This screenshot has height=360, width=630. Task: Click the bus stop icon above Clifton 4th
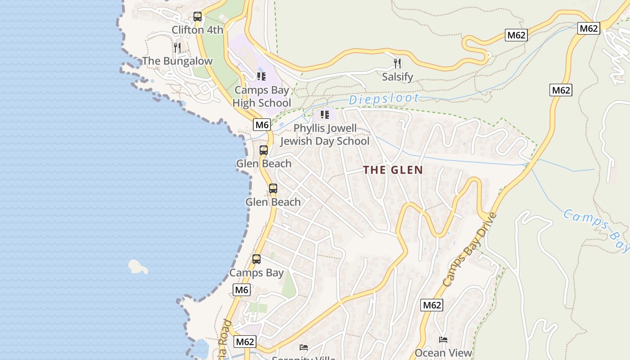pos(197,17)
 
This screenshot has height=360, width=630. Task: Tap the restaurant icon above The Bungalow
pos(177,47)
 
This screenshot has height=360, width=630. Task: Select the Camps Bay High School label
pos(261,96)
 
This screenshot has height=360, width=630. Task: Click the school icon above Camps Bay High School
pos(261,76)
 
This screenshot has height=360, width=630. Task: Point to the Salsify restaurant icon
pos(397,63)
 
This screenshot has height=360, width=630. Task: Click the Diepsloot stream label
pos(384,99)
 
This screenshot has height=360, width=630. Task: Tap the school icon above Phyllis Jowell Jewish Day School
pos(324,114)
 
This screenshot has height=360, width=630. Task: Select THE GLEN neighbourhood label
pos(393,170)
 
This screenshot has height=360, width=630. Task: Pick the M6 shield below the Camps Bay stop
pos(241,290)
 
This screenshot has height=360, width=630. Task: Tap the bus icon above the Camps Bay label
pos(256,259)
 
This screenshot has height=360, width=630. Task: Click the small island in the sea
pos(138,266)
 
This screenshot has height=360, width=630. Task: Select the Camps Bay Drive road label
pos(469,250)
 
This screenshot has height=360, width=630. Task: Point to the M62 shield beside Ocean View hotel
pos(432,305)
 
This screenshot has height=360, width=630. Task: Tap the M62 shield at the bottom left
pos(245,342)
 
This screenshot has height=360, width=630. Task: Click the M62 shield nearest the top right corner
pos(589,28)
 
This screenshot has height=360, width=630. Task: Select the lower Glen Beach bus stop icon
pos(273,189)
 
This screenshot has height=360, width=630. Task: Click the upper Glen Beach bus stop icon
pos(264,150)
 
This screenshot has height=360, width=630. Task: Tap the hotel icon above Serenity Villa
pos(304,347)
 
